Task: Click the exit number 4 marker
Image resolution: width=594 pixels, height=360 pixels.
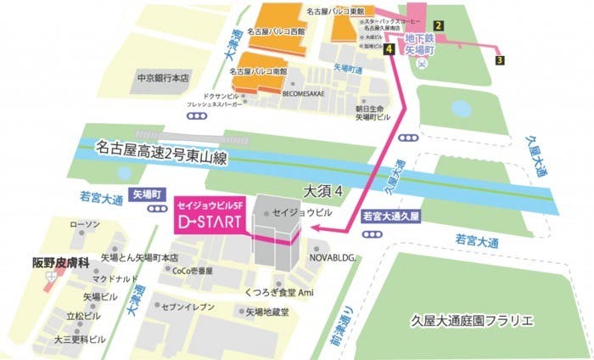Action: [x=389, y=51]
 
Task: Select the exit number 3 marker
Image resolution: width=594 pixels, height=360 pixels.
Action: [x=501, y=60]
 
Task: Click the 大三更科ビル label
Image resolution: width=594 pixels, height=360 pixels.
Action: [x=81, y=339]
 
